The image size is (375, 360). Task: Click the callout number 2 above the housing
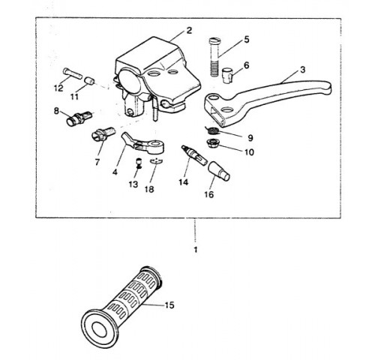pos(189,31)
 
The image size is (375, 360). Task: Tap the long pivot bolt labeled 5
pos(214,57)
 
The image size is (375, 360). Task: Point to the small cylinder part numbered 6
pos(227,74)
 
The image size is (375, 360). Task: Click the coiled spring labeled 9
pos(213,130)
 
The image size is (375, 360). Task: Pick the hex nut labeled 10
pos(213,144)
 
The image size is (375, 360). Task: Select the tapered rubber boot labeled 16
pos(219,170)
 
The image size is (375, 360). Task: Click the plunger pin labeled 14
pos(194,154)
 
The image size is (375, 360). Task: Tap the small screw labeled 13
pos(138,163)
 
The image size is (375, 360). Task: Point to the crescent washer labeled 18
pos(156,162)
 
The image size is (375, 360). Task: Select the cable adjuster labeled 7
pos(103,133)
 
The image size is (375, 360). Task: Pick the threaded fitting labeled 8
pos(79,118)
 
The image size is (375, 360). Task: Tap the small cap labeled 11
pos(90,81)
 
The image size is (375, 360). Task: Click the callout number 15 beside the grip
pos(169,305)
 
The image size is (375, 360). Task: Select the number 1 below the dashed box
pos(196,250)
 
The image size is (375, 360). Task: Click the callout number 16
pos(209,194)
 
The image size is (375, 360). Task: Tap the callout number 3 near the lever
pos(302,70)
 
